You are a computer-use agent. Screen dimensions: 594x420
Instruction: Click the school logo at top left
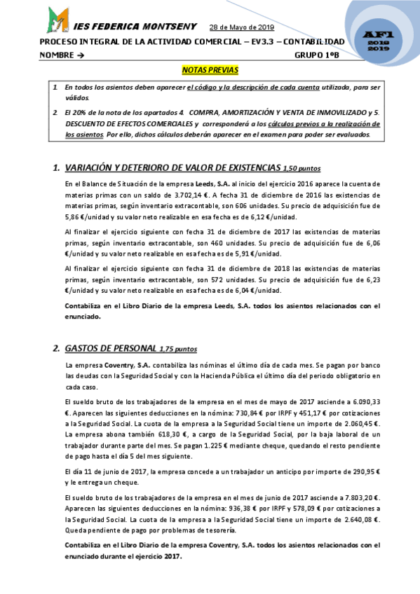[x=57, y=21]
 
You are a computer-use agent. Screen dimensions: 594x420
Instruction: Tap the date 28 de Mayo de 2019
[x=242, y=27]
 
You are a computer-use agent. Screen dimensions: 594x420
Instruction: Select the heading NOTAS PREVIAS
[x=210, y=70]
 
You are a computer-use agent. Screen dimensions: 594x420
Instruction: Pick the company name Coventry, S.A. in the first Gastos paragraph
[x=125, y=365]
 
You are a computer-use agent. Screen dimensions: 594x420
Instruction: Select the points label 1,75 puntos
[x=178, y=349]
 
